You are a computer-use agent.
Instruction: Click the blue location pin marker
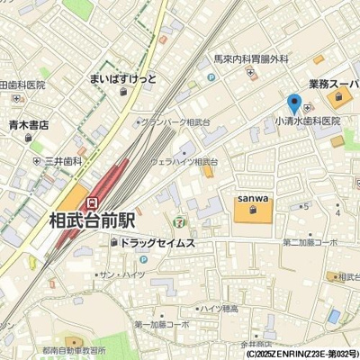pyautogui.click(x=293, y=104)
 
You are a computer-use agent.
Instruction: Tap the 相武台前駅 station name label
pyautogui.click(x=91, y=219)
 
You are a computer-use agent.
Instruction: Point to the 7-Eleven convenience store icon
pyautogui.click(x=183, y=219)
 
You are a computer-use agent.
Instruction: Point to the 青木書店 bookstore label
pyautogui.click(x=29, y=126)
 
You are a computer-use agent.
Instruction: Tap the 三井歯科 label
pyautogui.click(x=64, y=163)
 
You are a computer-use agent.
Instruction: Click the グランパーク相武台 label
pyautogui.click(x=175, y=121)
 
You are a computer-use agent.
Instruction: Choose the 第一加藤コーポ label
pyautogui.click(x=162, y=323)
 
